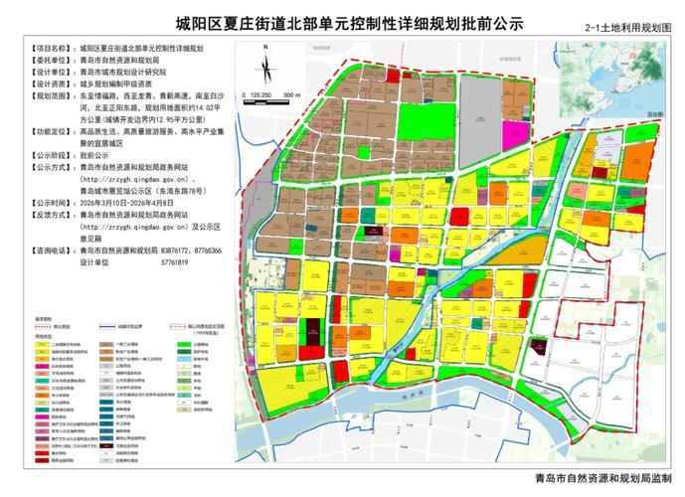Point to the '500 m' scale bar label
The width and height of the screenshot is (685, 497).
click(291, 92)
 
